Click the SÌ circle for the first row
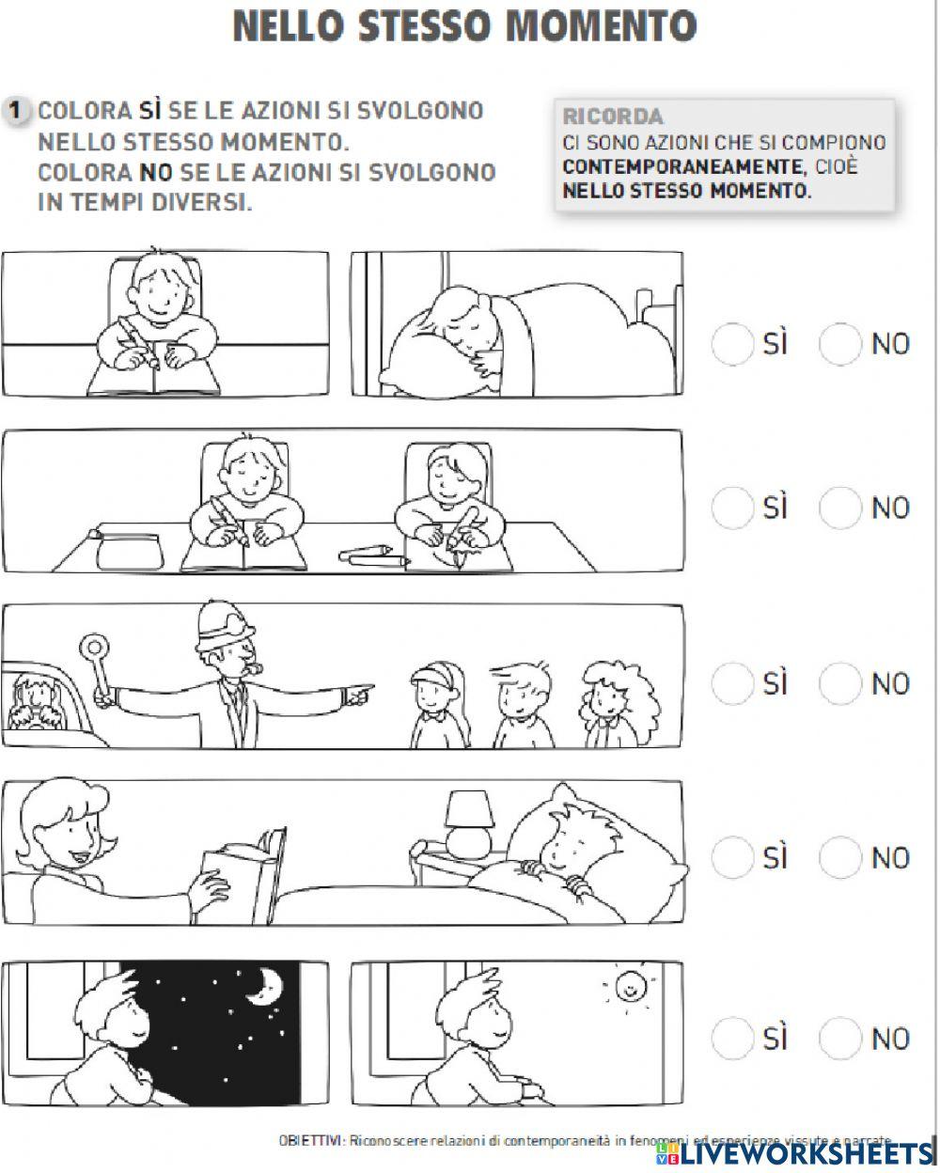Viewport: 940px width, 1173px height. pyautogui.click(x=732, y=343)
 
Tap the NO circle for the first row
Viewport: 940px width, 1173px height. pyautogui.click(x=839, y=343)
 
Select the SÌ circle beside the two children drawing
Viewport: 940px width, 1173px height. pyautogui.click(x=732, y=508)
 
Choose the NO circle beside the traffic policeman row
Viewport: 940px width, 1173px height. pyautogui.click(x=839, y=683)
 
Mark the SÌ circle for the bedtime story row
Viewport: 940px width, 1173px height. pyautogui.click(x=732, y=857)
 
